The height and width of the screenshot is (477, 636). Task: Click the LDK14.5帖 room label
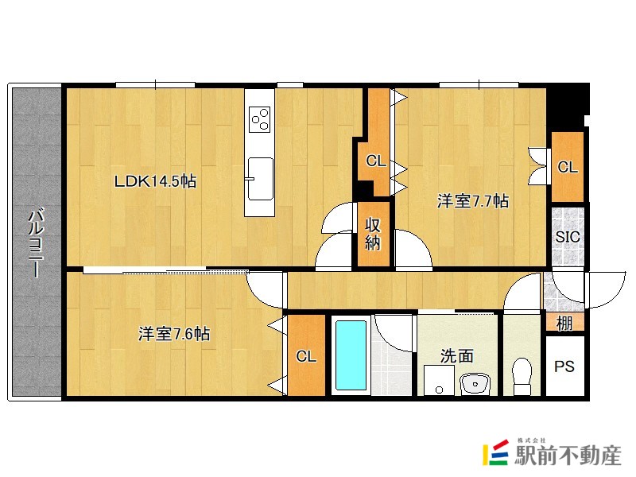click(x=156, y=181)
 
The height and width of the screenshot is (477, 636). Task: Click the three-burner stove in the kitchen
click(x=259, y=120)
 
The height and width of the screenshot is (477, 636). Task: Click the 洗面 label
click(x=458, y=357)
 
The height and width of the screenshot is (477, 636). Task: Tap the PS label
click(x=564, y=367)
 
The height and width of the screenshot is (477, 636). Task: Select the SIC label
click(x=568, y=237)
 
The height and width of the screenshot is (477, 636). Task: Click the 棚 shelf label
click(x=564, y=323)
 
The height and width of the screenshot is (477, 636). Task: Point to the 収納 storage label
click(x=374, y=234)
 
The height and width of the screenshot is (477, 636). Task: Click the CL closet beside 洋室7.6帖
click(x=306, y=356)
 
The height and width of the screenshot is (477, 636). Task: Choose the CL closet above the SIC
click(x=567, y=167)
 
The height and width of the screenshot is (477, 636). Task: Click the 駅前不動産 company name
click(x=567, y=454)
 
